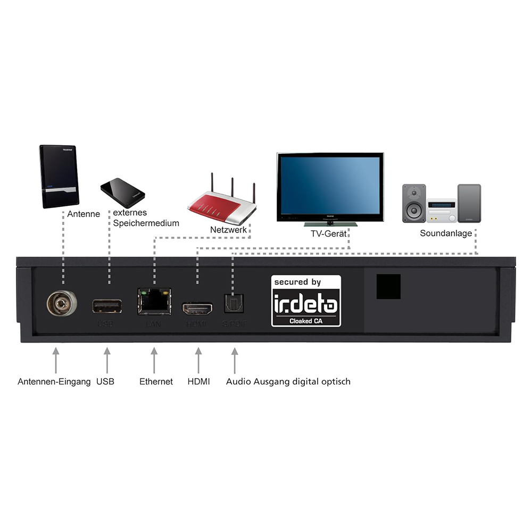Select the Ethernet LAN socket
(x=154, y=301)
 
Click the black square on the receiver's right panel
(x=388, y=287)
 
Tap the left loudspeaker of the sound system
(x=414, y=203)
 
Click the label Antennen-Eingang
(x=54, y=381)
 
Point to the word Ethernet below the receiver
(x=156, y=381)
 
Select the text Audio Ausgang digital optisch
(x=288, y=381)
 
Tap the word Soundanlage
(x=446, y=233)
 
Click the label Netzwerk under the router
(x=228, y=230)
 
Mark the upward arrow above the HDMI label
(x=198, y=360)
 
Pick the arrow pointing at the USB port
(x=107, y=360)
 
